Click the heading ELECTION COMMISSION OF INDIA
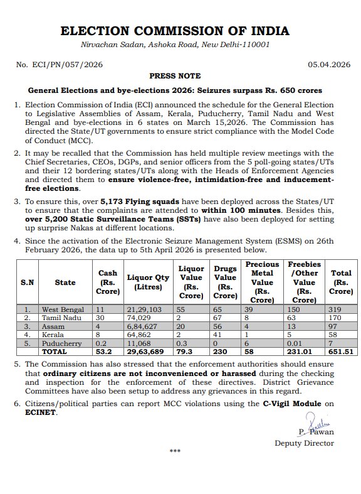pyautogui.click(x=180, y=31)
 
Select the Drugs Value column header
pyautogui.click(x=225, y=282)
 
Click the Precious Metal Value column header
pyautogui.click(x=262, y=282)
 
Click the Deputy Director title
pyautogui.click(x=305, y=443)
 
